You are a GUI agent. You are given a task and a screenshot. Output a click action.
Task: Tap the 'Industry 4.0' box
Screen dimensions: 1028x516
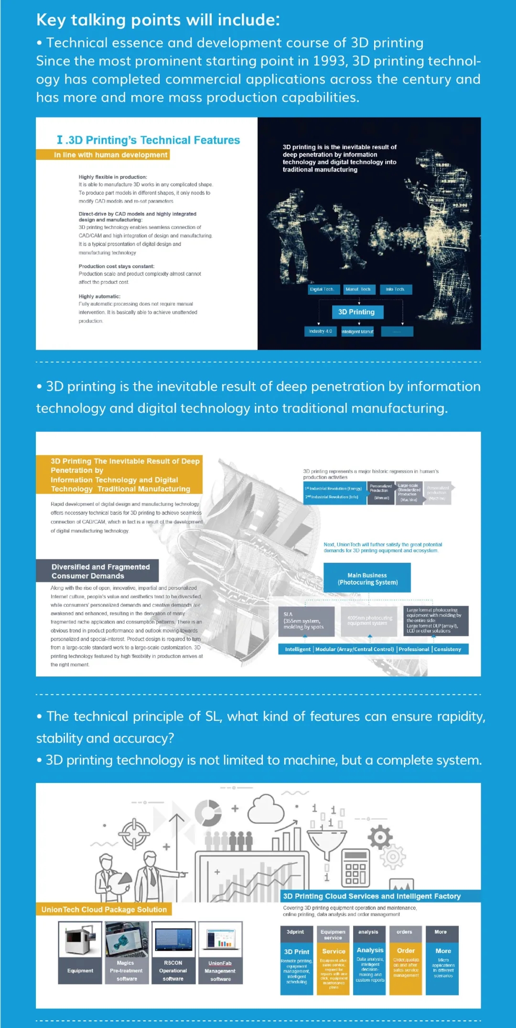click(320, 331)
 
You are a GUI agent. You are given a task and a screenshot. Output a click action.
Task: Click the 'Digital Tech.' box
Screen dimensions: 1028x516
click(322, 289)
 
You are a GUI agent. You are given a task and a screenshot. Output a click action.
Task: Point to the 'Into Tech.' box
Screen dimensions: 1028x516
click(395, 289)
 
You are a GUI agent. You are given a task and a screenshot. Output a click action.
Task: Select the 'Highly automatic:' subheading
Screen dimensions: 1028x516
click(99, 296)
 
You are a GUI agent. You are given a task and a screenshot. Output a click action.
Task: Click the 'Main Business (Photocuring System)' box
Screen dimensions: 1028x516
click(367, 578)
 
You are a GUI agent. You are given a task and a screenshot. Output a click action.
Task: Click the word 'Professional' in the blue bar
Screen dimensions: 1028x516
click(414, 649)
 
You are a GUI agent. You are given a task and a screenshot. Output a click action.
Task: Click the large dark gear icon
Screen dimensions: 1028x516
click(380, 837)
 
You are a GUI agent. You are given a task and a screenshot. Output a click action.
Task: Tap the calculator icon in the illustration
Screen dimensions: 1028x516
click(355, 869)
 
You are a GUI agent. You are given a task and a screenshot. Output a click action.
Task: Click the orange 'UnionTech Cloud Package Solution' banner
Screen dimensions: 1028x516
click(104, 909)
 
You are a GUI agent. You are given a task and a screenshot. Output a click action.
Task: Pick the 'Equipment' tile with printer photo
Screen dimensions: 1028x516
click(80, 953)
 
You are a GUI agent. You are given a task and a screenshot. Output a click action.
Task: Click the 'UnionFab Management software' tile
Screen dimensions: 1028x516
click(220, 953)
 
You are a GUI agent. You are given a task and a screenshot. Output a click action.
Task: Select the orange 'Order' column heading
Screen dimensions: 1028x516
click(406, 950)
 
